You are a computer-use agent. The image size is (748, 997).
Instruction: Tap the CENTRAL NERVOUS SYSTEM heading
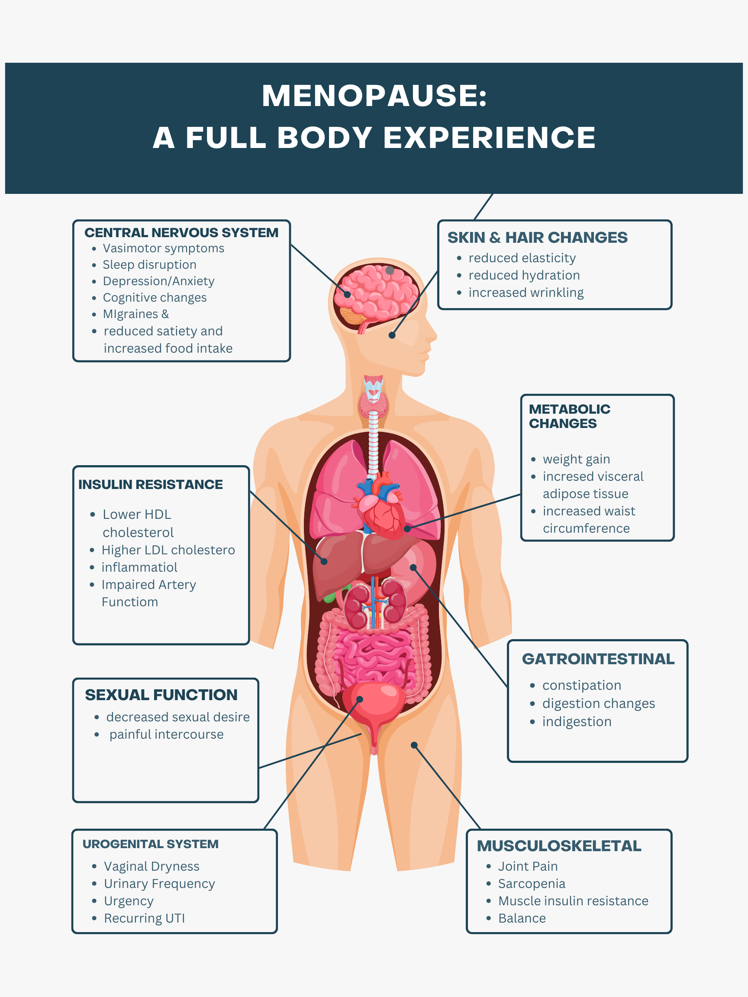click(181, 232)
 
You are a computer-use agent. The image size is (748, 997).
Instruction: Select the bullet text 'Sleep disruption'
click(149, 264)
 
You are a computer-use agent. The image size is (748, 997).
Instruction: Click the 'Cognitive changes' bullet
click(155, 297)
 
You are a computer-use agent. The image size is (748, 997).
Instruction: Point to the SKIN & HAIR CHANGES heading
click(537, 238)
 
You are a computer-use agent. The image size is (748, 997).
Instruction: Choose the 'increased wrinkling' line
click(526, 293)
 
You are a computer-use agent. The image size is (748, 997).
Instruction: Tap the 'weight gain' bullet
click(576, 459)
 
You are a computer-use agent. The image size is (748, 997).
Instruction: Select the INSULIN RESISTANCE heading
click(151, 485)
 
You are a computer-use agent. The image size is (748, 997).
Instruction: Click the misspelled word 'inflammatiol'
click(139, 567)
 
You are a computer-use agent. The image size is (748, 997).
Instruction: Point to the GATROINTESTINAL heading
click(598, 659)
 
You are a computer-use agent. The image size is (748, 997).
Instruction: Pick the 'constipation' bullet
click(581, 685)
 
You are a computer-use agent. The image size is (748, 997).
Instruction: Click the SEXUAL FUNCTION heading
click(161, 695)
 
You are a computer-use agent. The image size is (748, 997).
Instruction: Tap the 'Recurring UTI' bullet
click(144, 918)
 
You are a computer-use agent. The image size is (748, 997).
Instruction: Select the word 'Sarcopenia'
click(531, 884)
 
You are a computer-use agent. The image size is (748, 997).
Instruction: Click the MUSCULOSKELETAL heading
click(559, 846)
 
